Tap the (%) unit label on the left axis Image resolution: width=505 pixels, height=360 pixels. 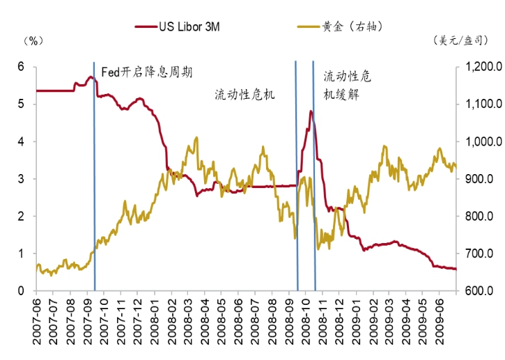point(33,41)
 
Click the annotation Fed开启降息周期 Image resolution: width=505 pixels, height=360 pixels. point(147,72)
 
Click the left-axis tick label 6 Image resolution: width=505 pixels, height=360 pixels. point(21,67)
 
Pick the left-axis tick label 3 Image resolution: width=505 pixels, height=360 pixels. point(21,179)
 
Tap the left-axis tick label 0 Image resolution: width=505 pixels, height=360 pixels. point(21,290)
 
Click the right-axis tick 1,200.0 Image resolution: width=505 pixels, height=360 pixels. point(481,67)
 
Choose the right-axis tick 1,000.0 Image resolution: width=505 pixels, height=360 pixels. point(481,141)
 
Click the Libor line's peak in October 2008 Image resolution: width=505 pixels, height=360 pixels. point(310,111)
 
